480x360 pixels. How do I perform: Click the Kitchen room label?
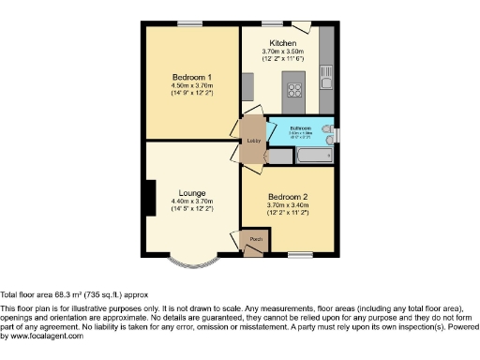click(x=283, y=43)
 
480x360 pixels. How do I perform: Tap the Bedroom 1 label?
click(x=191, y=77)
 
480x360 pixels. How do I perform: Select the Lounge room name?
click(x=192, y=193)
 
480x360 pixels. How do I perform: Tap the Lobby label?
click(x=253, y=141)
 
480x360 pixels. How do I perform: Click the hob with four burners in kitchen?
click(x=294, y=91)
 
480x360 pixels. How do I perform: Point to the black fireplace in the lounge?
click(x=148, y=198)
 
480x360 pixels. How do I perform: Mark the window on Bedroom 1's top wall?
click(x=190, y=23)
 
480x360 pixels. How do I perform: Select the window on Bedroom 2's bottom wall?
click(x=301, y=254)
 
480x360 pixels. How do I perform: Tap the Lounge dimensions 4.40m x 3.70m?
click(x=192, y=202)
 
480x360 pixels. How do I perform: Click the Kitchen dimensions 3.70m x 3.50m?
click(x=283, y=52)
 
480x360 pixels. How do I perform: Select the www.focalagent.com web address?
click(x=43, y=336)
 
